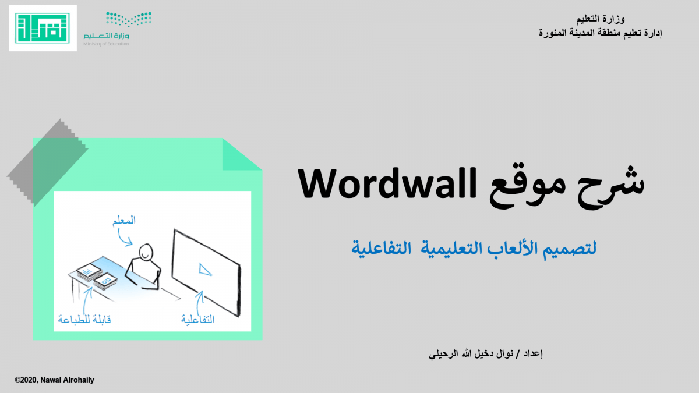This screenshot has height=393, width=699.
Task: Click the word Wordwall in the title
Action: pos(387,184)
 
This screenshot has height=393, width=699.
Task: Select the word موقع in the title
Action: pos(527,189)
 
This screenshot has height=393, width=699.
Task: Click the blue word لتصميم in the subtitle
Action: pos(570,250)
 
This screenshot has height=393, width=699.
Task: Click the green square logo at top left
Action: pos(43,28)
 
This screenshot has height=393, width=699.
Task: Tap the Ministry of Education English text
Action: pos(106,44)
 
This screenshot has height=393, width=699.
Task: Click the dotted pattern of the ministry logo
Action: pos(129,19)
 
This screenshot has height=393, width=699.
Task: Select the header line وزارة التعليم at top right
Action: pos(601,19)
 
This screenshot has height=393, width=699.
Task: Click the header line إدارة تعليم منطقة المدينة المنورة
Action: pos(601,33)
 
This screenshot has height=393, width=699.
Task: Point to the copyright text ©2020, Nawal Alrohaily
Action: pos(54,380)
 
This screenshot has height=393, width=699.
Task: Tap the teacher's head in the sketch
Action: pos(146,252)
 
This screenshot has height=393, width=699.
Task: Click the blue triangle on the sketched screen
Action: pos(204,270)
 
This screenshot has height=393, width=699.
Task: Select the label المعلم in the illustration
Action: pos(124,220)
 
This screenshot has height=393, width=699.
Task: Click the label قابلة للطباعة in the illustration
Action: pos(84,320)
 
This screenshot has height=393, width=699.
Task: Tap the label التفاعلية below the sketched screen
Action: pos(198,320)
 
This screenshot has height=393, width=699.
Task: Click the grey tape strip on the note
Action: pos(47,162)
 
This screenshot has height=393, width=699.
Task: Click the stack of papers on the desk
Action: pos(97,276)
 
